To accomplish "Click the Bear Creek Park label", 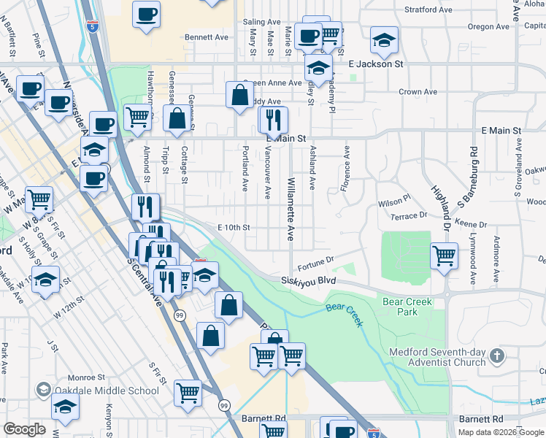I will pyautogui.click(x=407, y=307).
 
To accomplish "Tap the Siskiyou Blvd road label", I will pyautogui.click(x=312, y=280).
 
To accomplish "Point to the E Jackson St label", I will pyautogui.click(x=375, y=64).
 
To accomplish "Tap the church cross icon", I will pyautogui.click(x=496, y=356).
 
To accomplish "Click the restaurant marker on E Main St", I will pyautogui.click(x=274, y=119).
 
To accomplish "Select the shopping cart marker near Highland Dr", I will pyautogui.click(x=444, y=255).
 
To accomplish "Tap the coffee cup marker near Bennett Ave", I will pyautogui.click(x=146, y=13).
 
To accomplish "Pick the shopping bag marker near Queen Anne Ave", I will pyautogui.click(x=239, y=95).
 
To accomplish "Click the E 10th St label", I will pyautogui.click(x=234, y=228).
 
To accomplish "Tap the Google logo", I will pyautogui.click(x=25, y=429).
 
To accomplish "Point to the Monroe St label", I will pyautogui.click(x=87, y=377).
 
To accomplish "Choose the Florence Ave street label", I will pyautogui.click(x=346, y=168).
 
